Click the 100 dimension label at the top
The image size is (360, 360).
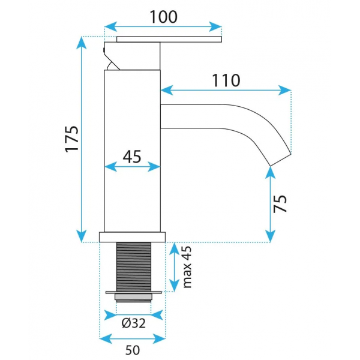(x=163, y=17)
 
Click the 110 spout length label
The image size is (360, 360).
(x=226, y=80)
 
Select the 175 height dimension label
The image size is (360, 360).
(x=72, y=139)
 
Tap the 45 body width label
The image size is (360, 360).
(x=132, y=157)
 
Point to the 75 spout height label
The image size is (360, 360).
(x=280, y=204)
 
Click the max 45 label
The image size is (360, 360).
(x=187, y=267)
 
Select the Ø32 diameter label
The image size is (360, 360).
(x=133, y=323)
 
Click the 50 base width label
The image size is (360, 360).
(x=133, y=350)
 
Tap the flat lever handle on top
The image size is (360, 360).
(x=169, y=39)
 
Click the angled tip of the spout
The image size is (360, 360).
(x=281, y=160)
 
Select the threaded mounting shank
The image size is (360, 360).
(x=134, y=267)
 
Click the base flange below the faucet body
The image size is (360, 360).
(x=132, y=237)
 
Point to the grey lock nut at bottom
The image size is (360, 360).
(x=133, y=298)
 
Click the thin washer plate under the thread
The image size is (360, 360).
(x=134, y=293)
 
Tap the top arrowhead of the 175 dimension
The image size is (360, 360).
(x=82, y=43)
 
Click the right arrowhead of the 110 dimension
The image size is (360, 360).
(x=284, y=90)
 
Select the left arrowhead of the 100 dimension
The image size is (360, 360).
(x=110, y=26)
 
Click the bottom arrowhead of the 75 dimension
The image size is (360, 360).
(x=270, y=236)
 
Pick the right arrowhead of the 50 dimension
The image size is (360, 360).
(x=159, y=338)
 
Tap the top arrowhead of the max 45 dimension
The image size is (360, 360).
(x=174, y=248)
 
